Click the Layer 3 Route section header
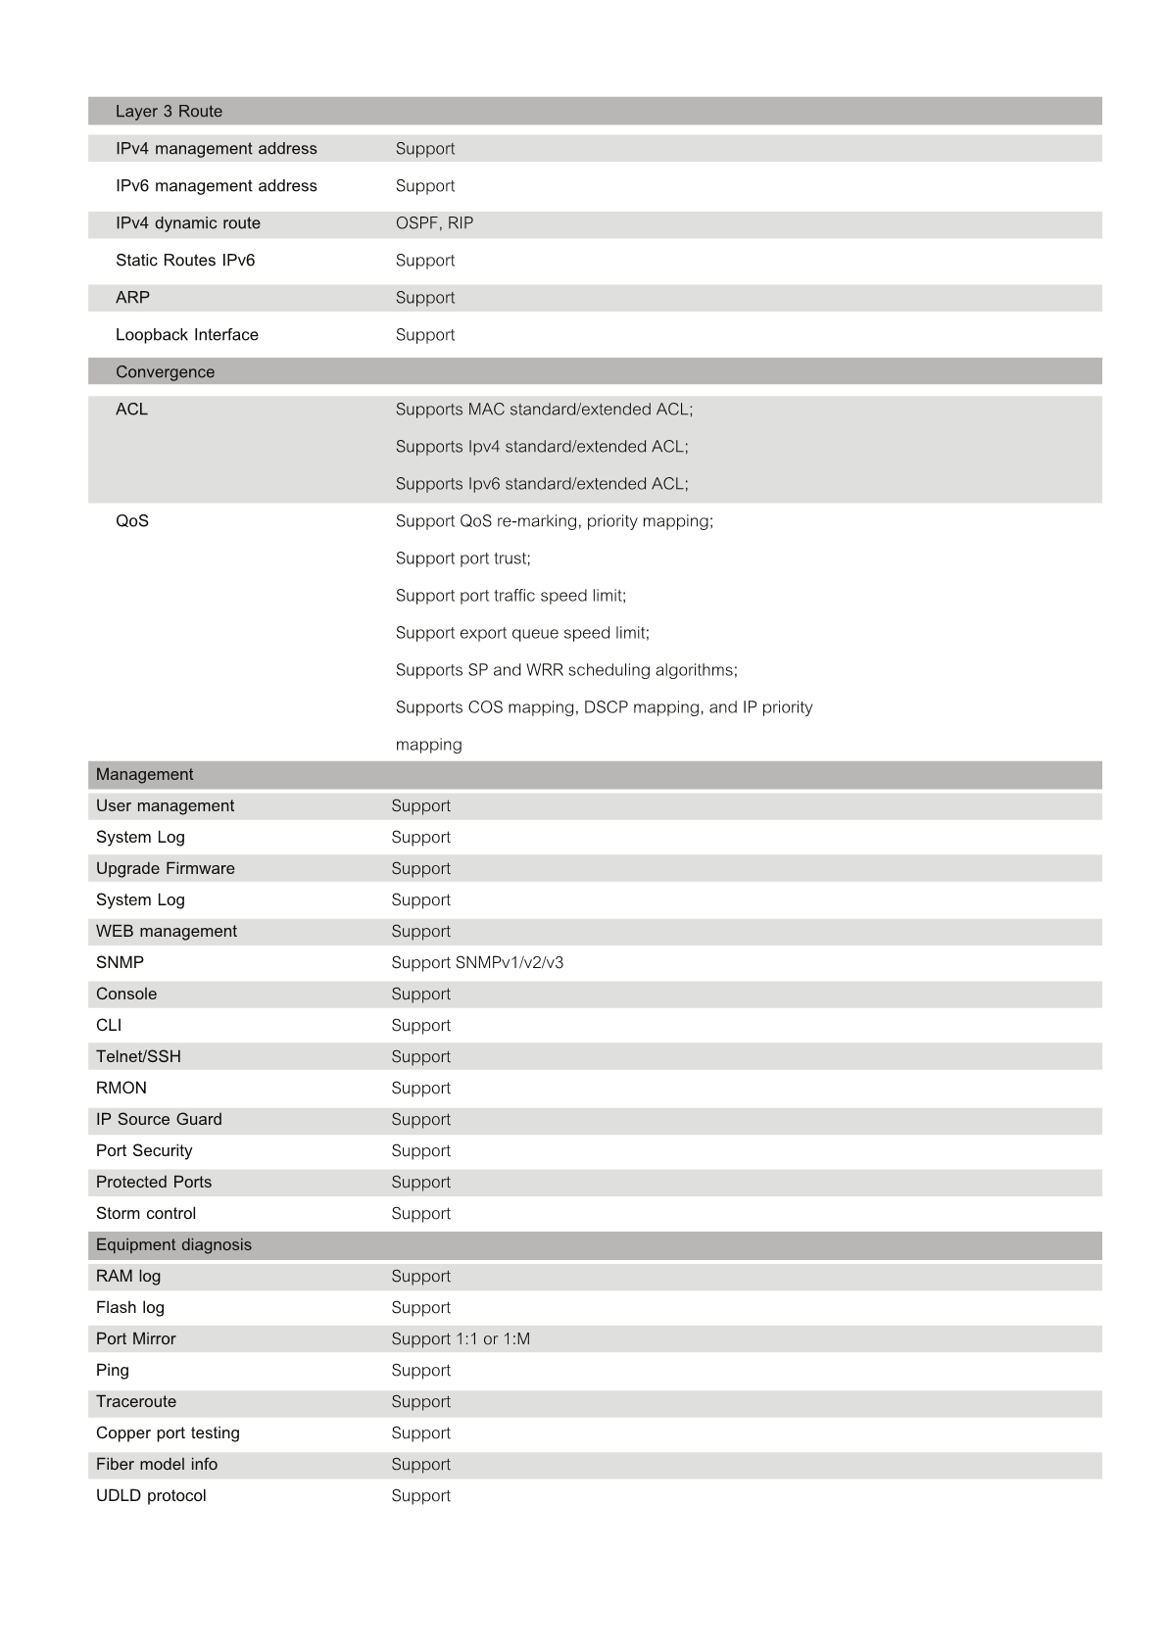(x=169, y=112)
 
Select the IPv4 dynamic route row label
(x=188, y=223)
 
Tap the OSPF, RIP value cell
(x=434, y=223)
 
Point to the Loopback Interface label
(x=187, y=335)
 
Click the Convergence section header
(x=165, y=372)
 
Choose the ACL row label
(x=131, y=410)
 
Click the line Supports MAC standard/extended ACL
(x=544, y=410)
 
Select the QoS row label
(x=132, y=521)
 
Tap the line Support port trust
(x=462, y=558)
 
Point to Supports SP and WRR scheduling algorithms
(x=566, y=670)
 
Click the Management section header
(x=144, y=775)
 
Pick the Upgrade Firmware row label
(x=166, y=869)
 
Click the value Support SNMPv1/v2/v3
(x=477, y=963)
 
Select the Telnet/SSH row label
(x=138, y=1057)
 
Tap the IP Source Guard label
(x=159, y=1120)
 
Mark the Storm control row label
(x=146, y=1214)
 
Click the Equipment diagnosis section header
(x=173, y=1245)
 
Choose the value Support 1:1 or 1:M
(x=461, y=1339)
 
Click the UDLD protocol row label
(x=151, y=1496)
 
